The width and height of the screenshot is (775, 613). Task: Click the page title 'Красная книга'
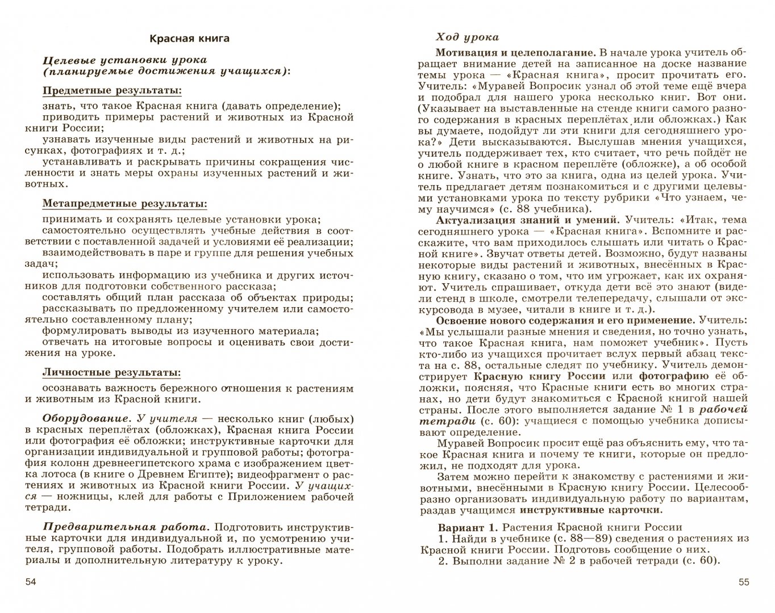coord(189,39)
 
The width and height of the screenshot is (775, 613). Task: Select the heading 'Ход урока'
coord(467,37)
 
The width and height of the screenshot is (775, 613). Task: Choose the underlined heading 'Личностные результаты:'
coord(112,373)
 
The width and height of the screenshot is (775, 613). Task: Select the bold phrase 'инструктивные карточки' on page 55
coord(591,510)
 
